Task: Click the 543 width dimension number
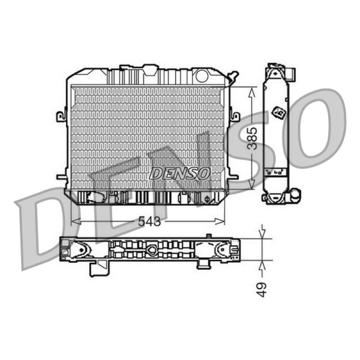click(149, 221)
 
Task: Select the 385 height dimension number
click(253, 138)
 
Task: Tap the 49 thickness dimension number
click(261, 290)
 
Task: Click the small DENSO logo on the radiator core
click(180, 173)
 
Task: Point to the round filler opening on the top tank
click(202, 76)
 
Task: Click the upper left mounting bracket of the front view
click(62, 116)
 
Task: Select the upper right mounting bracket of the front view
click(234, 117)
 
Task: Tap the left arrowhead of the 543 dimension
click(76, 221)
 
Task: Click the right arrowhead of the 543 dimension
click(220, 221)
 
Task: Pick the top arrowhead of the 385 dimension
click(252, 92)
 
